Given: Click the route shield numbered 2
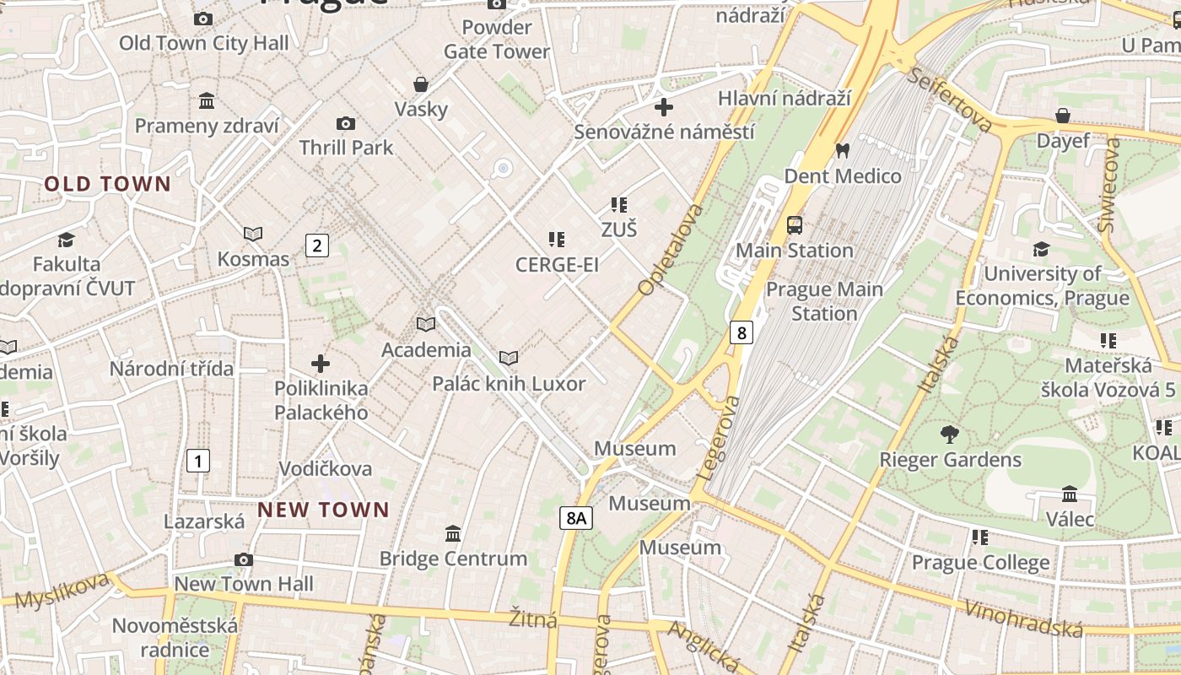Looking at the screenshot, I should (x=316, y=246).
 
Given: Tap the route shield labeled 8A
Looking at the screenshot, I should (x=575, y=517).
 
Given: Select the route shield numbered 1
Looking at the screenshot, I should (x=197, y=461).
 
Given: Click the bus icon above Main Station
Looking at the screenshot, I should (x=794, y=224).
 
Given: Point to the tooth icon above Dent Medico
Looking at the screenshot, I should (x=841, y=151).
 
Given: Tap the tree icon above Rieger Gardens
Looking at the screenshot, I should (x=950, y=435).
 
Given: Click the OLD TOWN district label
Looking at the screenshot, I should (x=107, y=184).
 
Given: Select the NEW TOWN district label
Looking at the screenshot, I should (x=323, y=510).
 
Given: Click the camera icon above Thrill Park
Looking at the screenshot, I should (x=345, y=123).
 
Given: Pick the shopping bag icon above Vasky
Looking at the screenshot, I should (x=420, y=84).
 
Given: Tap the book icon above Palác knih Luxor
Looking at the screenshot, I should (x=508, y=359).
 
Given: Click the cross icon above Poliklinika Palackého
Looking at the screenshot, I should (x=321, y=364).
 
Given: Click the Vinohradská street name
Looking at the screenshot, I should (x=1022, y=618).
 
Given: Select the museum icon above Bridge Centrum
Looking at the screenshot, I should (x=453, y=533).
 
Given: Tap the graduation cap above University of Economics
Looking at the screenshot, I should (x=1041, y=249).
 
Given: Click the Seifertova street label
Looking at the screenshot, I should (x=950, y=100).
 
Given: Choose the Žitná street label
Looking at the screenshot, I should (x=532, y=619).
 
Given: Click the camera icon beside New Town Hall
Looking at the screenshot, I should (x=244, y=559).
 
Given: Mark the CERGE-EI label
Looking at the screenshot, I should (x=557, y=265).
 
